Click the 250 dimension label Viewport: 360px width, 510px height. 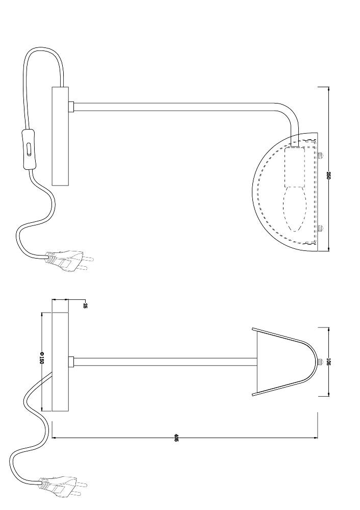coord(328,175)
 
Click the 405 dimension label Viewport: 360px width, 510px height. coord(176,438)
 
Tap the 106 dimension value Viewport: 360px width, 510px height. coord(328,362)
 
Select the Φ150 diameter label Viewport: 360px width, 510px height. coord(42,358)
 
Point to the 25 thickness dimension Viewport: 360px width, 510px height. coord(85,305)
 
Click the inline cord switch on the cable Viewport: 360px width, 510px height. coord(28,149)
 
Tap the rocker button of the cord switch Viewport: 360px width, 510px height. coord(29,149)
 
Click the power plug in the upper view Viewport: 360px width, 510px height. coord(69,260)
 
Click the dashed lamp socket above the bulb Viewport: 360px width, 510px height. coord(295,167)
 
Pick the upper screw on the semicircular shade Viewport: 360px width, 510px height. coord(321,156)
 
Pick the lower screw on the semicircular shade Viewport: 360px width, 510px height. coord(321,228)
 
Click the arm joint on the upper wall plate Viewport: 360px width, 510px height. coord(71,107)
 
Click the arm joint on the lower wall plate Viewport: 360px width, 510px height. coord(71,362)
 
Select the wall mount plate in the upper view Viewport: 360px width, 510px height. coord(61,136)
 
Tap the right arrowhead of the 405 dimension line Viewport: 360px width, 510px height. coord(316,438)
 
